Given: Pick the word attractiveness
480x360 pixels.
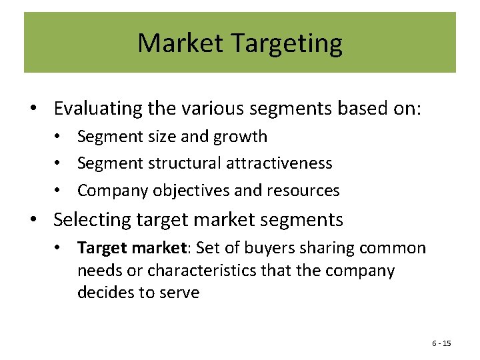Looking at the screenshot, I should point(279,163).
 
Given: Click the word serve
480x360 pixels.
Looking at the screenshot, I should point(179,293).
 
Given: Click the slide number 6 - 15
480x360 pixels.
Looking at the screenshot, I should point(441,343).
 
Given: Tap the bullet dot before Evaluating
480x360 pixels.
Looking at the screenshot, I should point(41,108).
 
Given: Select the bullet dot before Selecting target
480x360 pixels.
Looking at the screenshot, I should point(41,219).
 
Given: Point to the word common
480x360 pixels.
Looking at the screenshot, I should point(393,248).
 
